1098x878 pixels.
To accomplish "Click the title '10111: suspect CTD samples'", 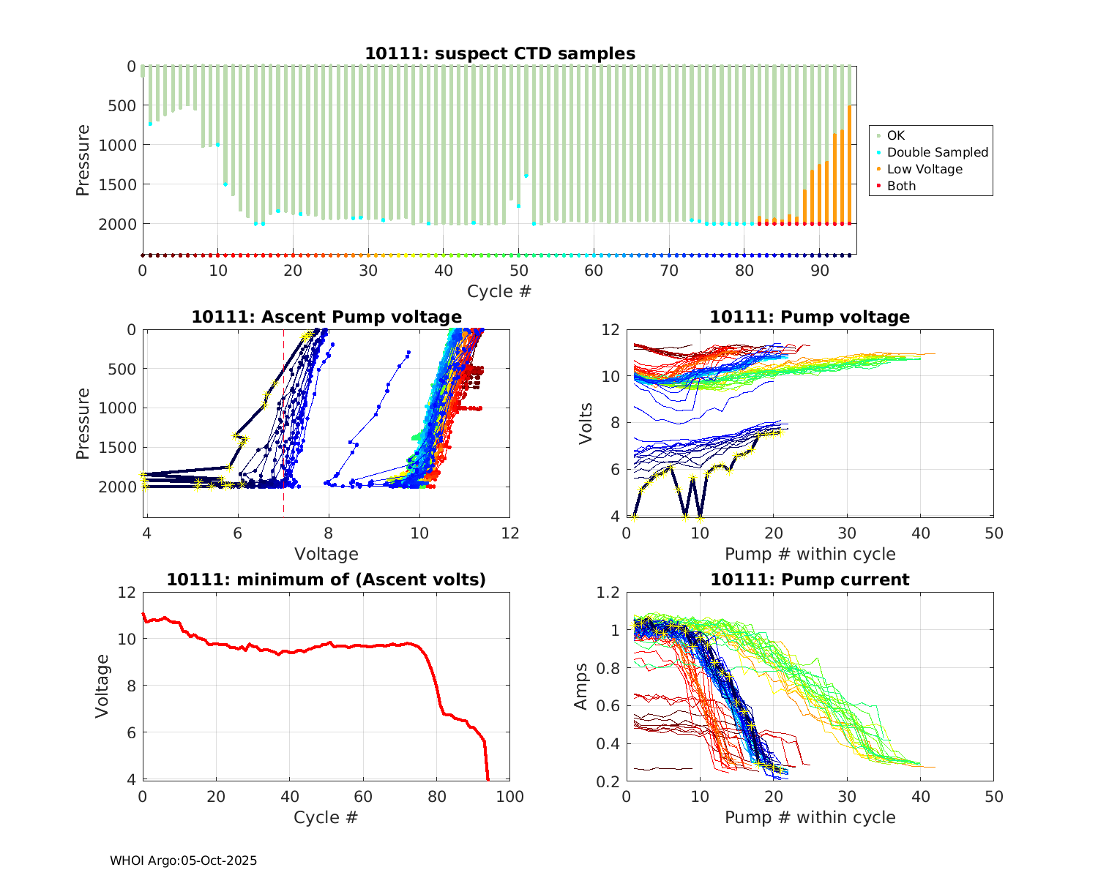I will (x=500, y=53).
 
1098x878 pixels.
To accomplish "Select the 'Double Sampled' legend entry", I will (x=937, y=152).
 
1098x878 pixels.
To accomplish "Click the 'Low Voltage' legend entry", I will (x=925, y=169).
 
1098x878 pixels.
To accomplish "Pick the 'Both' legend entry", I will (x=901, y=186).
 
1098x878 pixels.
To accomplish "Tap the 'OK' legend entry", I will (x=895, y=135).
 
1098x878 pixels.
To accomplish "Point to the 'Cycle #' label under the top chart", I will (x=499, y=291).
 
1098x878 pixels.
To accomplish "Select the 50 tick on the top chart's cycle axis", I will (x=519, y=271).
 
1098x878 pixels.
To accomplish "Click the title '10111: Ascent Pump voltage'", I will (x=326, y=317).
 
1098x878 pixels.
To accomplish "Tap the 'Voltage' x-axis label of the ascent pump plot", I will (x=326, y=554).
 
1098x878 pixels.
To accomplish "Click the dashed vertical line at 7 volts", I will (x=283, y=439).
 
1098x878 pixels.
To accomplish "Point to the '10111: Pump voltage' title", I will (x=810, y=317).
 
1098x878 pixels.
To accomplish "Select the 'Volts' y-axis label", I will (x=586, y=423).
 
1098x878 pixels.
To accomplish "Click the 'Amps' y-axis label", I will (x=581, y=686).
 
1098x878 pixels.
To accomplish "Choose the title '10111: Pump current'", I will (x=810, y=579).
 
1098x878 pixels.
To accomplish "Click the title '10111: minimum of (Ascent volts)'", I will (x=326, y=579).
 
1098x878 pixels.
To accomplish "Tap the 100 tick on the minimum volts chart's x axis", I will (x=509, y=797).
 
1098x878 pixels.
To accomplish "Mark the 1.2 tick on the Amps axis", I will (x=608, y=592).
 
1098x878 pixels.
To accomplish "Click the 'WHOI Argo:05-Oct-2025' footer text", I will (x=183, y=860).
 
